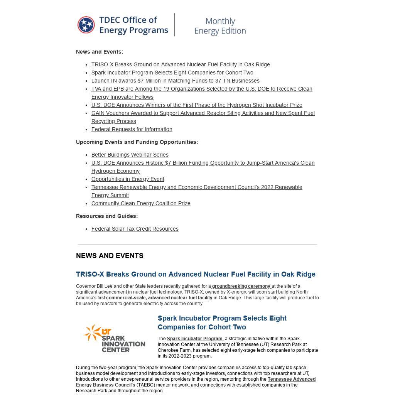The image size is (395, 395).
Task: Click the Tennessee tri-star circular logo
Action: (x=86, y=25)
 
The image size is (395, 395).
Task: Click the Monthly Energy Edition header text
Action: (x=220, y=26)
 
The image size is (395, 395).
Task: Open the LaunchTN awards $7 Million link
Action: (x=175, y=81)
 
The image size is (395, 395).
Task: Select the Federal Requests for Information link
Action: (x=132, y=129)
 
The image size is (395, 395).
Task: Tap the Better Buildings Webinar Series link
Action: (x=130, y=155)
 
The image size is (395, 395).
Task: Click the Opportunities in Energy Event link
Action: (x=128, y=179)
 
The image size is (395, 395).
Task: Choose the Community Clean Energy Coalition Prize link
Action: (x=141, y=203)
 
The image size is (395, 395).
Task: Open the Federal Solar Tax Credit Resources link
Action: (x=135, y=229)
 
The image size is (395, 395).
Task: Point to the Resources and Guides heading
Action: (x=107, y=216)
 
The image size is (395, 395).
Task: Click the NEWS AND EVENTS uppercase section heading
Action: (x=110, y=256)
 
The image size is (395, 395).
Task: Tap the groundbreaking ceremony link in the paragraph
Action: (x=241, y=286)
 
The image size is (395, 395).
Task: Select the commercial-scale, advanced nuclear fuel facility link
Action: (x=159, y=298)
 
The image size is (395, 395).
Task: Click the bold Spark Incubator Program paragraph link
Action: (x=194, y=339)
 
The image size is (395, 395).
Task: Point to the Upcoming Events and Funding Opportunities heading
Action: (x=137, y=142)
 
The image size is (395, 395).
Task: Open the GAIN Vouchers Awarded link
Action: (x=203, y=113)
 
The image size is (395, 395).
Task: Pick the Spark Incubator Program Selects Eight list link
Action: (x=172, y=73)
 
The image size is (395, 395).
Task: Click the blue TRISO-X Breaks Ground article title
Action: (x=196, y=274)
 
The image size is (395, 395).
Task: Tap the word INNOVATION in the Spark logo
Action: (x=123, y=344)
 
